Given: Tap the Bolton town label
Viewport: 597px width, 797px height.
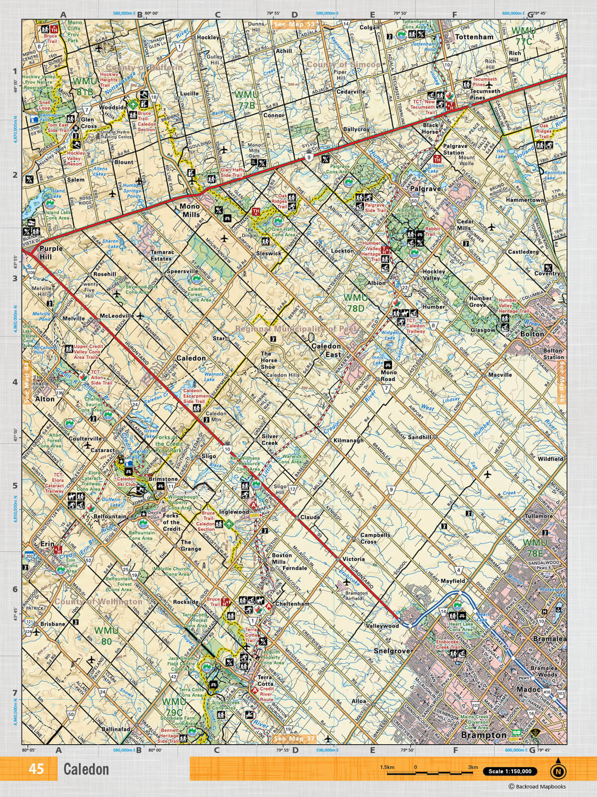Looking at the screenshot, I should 532,334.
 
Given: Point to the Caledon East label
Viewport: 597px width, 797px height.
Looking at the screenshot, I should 326,350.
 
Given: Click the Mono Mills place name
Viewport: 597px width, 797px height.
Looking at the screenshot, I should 190,211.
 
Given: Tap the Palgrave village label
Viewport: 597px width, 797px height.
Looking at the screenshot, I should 425,189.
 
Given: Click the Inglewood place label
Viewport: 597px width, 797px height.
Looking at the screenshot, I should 234,512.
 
